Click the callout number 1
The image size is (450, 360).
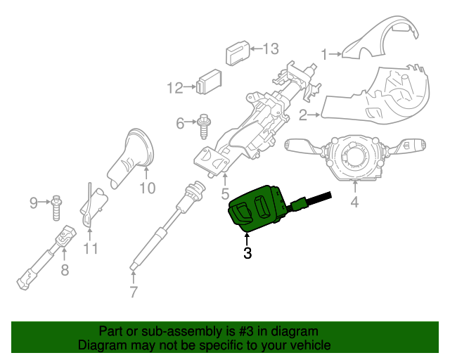click(x=325, y=53)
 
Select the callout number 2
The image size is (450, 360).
click(x=302, y=114)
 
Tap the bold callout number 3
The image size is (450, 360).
click(x=247, y=254)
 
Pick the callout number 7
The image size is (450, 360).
click(x=134, y=292)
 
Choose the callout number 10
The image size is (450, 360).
click(x=146, y=188)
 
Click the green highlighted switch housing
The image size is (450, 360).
click(x=257, y=207)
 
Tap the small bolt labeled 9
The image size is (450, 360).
click(x=56, y=205)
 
